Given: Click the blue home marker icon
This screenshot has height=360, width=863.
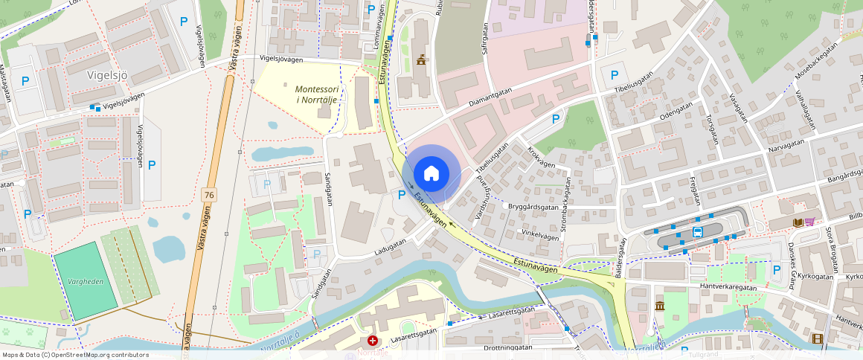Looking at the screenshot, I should click(x=431, y=173).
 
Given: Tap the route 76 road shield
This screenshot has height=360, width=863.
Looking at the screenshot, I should click(x=209, y=194).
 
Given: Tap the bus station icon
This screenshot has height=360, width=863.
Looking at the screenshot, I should click(x=698, y=232).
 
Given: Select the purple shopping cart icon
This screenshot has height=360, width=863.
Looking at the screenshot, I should click(x=809, y=222).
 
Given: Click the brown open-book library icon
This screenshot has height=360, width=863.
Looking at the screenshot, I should click(x=798, y=222).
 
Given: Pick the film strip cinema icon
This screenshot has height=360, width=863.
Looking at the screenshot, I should click(x=818, y=339).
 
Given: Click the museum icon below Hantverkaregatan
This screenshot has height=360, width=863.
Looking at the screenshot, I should click(x=659, y=306).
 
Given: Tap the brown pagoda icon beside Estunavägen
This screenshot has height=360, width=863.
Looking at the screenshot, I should click(x=421, y=60).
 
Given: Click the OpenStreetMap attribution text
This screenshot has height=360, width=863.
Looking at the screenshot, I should click(x=76, y=355).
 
